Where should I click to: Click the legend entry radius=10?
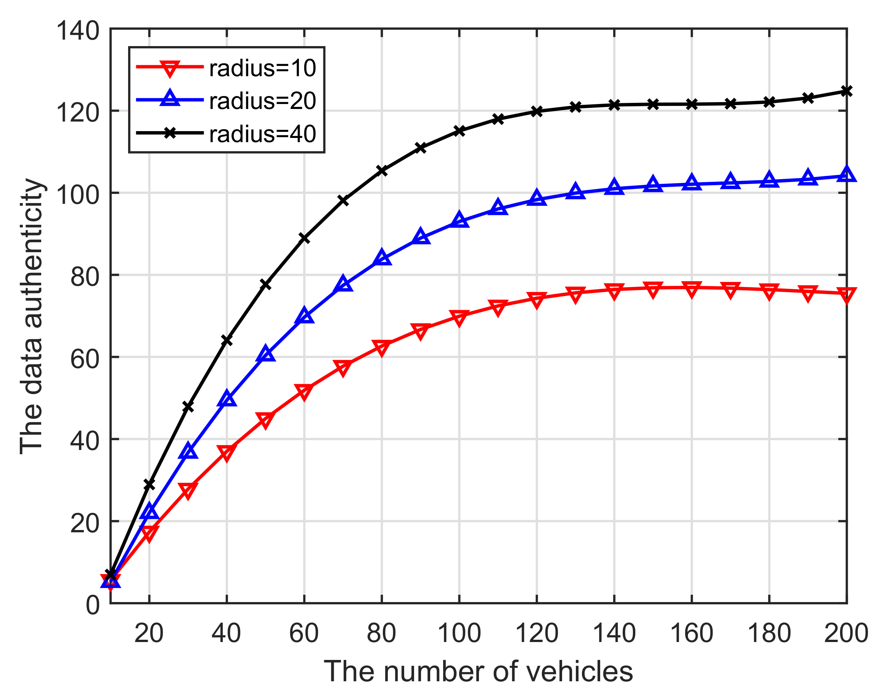tap(262, 68)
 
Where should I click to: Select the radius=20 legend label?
tap(262, 101)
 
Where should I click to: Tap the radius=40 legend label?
tap(262, 133)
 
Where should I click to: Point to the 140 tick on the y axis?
tap(77, 30)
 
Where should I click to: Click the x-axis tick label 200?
tap(846, 634)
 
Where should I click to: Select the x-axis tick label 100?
tap(459, 634)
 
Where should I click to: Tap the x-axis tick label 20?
tap(149, 634)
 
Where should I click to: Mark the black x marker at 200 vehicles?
tap(847, 91)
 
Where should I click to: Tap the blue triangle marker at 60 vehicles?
tap(304, 316)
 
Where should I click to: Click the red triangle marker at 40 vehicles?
tap(227, 452)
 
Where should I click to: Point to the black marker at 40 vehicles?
tap(227, 340)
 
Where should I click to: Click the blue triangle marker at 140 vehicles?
tap(614, 187)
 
